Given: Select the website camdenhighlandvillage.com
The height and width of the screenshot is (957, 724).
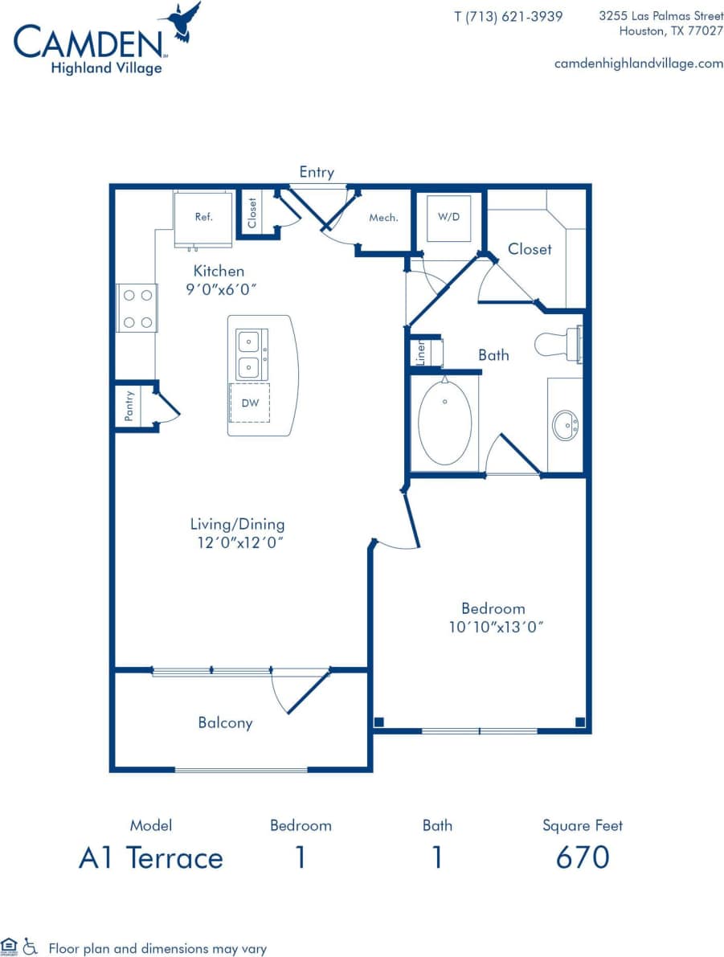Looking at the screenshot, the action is pyautogui.click(x=639, y=63).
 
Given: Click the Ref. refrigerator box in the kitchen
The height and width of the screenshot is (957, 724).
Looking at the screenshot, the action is pyautogui.click(x=203, y=217).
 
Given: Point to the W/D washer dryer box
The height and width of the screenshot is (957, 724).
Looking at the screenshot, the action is pyautogui.click(x=448, y=217).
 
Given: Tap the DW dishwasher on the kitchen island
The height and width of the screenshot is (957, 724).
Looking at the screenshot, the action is pyautogui.click(x=250, y=403).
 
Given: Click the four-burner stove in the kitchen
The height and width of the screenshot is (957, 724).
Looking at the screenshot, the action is pyautogui.click(x=137, y=308).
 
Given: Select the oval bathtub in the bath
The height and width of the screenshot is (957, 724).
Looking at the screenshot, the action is pyautogui.click(x=444, y=422).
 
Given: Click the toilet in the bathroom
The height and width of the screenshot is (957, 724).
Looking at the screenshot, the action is pyautogui.click(x=559, y=344).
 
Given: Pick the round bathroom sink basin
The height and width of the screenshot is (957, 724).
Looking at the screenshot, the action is pyautogui.click(x=566, y=424).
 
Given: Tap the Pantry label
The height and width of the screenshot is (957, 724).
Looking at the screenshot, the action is pyautogui.click(x=129, y=406).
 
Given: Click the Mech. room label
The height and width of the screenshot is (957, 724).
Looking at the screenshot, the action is pyautogui.click(x=383, y=218).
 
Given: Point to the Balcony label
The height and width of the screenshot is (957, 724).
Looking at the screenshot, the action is pyautogui.click(x=226, y=722).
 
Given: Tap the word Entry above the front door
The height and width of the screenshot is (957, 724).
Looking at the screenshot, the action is pyautogui.click(x=317, y=172).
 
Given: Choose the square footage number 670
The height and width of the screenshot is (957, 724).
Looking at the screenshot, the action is pyautogui.click(x=583, y=857).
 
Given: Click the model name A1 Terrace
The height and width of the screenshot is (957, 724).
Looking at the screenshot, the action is pyautogui.click(x=150, y=857).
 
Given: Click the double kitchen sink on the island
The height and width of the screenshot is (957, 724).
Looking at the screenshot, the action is pyautogui.click(x=252, y=354).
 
